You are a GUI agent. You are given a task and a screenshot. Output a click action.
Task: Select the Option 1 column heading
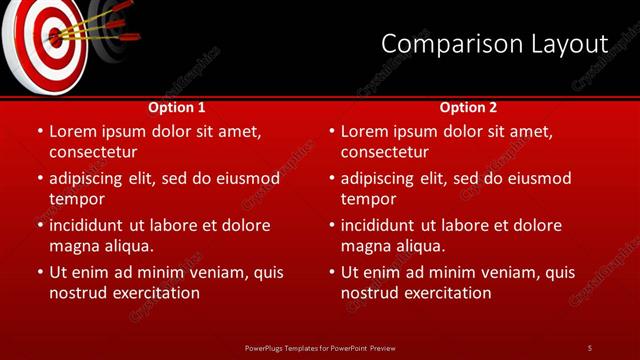(177, 107)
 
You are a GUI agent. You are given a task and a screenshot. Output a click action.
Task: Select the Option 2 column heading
(468, 107)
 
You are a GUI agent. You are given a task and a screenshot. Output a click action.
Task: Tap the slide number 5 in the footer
(589, 347)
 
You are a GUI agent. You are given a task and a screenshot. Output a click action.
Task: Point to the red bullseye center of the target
(51, 38)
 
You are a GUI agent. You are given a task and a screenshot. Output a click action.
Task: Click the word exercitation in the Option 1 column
(154, 293)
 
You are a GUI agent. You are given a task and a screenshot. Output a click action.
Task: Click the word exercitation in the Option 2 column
(446, 293)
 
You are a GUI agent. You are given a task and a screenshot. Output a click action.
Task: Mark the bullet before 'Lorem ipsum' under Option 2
(331, 131)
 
